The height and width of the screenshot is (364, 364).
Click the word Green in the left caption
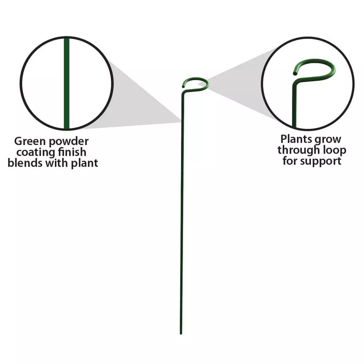pyautogui.click(x=30, y=141)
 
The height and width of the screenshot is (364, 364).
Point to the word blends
pyautogui.click(x=25, y=163)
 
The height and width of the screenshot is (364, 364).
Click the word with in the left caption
pyautogui.click(x=57, y=163)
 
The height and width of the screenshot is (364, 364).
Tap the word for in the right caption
pyautogui.click(x=290, y=161)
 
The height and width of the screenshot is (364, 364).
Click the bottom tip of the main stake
pyautogui.click(x=181, y=334)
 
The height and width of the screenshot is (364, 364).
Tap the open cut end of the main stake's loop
pyautogui.click(x=183, y=87)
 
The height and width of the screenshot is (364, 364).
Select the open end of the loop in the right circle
pyautogui.click(x=295, y=74)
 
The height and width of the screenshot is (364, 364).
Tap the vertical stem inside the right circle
pyautogui.click(x=294, y=107)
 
